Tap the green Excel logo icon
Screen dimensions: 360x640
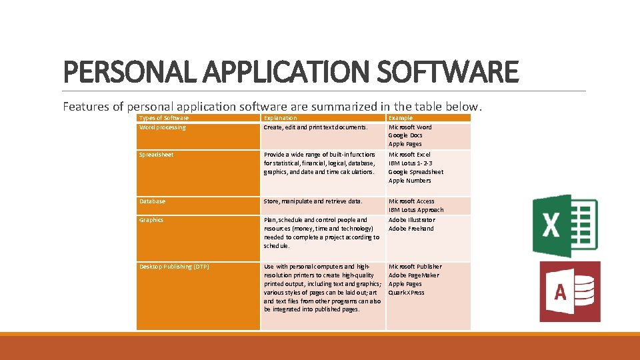pos(565,226)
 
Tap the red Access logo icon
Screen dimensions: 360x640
pos(569,291)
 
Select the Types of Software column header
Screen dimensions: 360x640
pos(163,118)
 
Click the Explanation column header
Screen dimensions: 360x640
pos(281,118)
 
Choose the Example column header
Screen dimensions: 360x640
pos(401,118)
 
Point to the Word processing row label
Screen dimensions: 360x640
pos(162,127)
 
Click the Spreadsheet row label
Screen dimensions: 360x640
pos(156,155)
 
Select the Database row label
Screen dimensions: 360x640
pos(152,201)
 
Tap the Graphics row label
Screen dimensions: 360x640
pos(151,220)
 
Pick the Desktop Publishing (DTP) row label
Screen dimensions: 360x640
pos(174,267)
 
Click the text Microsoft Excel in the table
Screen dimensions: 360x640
pos(409,155)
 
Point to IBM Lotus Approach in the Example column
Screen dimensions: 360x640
pos(416,210)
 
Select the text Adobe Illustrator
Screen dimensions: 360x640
pos(411,220)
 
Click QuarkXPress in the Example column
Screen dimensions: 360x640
pos(406,293)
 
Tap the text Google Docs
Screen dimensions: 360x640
pos(405,135)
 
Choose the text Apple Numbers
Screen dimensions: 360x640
pos(409,181)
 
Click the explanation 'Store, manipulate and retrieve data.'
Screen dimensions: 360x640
pos(313,201)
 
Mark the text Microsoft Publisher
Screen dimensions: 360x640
pos(415,267)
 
